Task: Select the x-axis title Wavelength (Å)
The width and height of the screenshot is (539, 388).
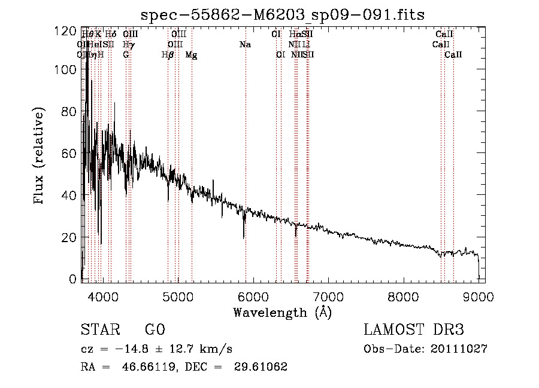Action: pyautogui.click(x=282, y=312)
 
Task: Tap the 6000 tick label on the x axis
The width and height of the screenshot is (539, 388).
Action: pyautogui.click(x=253, y=296)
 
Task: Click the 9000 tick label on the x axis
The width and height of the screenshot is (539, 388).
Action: pyautogui.click(x=479, y=296)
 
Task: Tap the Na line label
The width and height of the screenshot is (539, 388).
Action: pyautogui.click(x=244, y=45)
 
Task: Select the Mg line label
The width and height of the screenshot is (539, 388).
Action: pyautogui.click(x=191, y=54)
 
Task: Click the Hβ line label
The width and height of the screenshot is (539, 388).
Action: pyautogui.click(x=168, y=54)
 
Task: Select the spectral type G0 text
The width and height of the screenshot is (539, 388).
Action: pyautogui.click(x=155, y=330)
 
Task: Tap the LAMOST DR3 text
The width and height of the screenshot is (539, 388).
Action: pyautogui.click(x=414, y=330)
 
